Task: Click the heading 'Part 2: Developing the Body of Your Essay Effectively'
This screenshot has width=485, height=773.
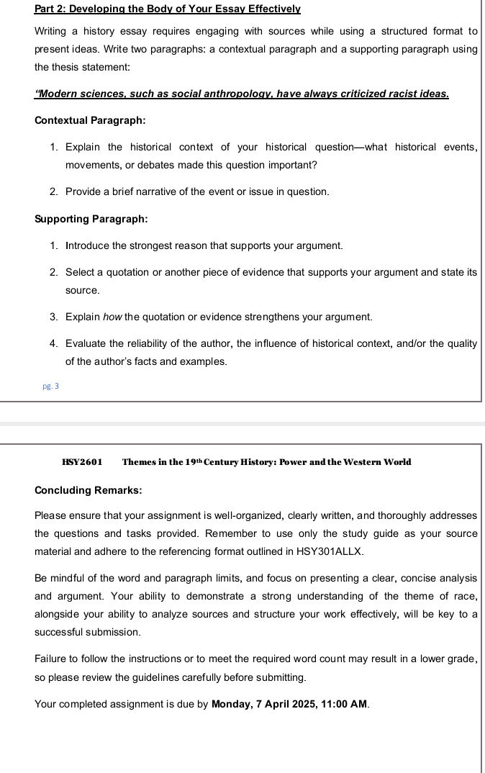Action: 167,9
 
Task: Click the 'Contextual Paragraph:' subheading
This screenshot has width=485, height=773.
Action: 90,120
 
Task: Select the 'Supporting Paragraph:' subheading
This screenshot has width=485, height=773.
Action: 91,219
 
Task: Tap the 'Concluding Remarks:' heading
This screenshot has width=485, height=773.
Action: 88,490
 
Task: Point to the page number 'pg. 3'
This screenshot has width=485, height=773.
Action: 51,386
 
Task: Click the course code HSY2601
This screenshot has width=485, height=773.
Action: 82,462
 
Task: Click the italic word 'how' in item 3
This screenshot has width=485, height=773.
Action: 113,317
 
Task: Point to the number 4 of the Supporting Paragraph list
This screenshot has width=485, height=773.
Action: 54,343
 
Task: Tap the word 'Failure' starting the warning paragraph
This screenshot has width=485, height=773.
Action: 52,659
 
